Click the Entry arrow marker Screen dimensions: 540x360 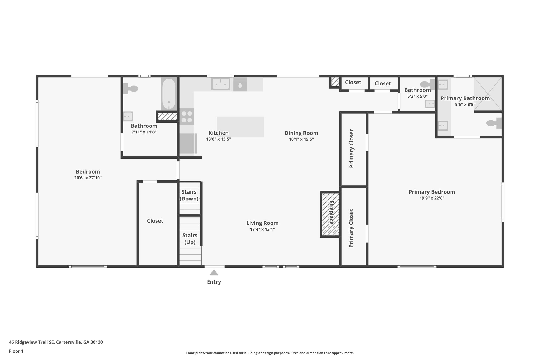pos(214,272)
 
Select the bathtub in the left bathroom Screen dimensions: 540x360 pos(169,94)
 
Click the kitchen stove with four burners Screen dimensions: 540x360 pos(187,117)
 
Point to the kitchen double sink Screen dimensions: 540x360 pos(221,84)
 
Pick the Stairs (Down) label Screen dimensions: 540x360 pos(189,195)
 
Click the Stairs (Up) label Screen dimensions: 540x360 pos(190,239)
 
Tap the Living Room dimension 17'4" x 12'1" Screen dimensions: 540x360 pos(263,229)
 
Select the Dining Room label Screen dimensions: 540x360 pos(301,133)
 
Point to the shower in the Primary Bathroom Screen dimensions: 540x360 pos(488,94)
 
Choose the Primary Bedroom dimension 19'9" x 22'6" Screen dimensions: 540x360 pos(432,198)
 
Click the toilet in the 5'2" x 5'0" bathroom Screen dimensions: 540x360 pos(427,84)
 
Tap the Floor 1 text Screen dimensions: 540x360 pos(16,351)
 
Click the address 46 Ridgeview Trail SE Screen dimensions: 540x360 pos(32,342)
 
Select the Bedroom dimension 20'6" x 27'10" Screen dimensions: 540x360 pos(88,178)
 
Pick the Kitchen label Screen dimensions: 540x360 pos(219,133)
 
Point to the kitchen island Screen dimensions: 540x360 pos(241,127)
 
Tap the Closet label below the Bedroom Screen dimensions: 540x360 pos(155,221)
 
